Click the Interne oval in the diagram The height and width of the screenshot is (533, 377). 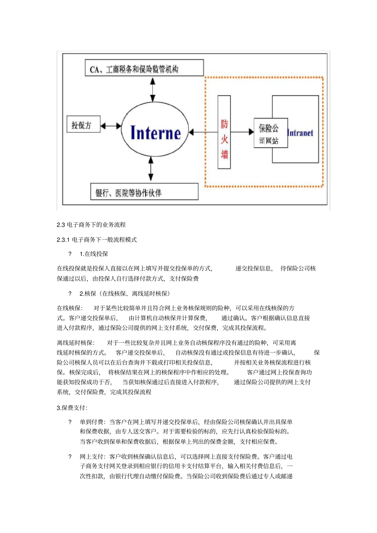[155, 132]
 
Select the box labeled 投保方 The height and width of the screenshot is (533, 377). [83, 125]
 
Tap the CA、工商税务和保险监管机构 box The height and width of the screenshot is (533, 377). [144, 68]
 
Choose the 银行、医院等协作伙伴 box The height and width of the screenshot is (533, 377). [144, 192]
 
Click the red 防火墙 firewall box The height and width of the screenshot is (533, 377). [224, 132]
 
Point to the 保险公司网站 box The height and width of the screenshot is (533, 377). [270, 133]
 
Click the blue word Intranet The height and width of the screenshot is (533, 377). [300, 133]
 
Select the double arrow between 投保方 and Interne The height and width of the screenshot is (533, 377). [111, 126]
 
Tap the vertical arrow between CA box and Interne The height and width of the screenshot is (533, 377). [153, 90]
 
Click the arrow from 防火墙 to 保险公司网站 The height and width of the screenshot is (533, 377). [242, 132]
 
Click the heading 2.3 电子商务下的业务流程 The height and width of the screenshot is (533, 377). [91, 225]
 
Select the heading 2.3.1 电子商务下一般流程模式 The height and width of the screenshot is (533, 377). [97, 240]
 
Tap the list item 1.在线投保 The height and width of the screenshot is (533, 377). [94, 254]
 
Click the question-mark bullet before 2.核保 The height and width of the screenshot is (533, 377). [70, 294]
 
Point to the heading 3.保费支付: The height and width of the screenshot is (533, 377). [72, 408]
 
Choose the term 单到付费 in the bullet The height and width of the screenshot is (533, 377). [92, 422]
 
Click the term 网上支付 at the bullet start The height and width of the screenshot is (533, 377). [92, 457]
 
